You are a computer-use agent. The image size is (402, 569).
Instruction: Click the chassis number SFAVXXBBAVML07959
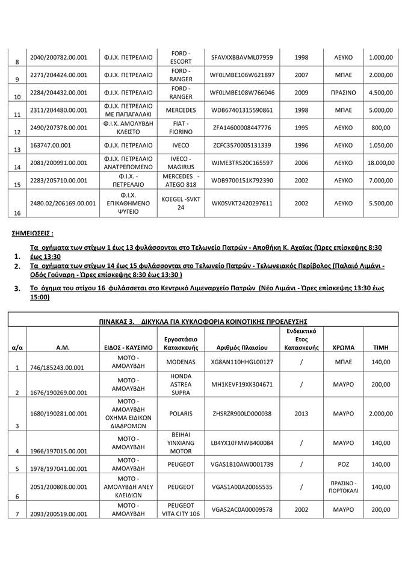tap(243, 58)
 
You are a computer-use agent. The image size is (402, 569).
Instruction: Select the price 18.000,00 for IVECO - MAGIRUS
tap(380, 163)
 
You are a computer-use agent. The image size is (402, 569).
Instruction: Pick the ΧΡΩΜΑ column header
tap(344, 347)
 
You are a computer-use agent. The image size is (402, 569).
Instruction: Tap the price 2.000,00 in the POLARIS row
tap(382, 414)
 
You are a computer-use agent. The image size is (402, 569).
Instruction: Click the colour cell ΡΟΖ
tap(344, 466)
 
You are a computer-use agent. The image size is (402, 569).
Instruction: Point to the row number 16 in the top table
tap(17, 213)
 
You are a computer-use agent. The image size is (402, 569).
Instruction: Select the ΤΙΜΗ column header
tap(381, 347)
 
